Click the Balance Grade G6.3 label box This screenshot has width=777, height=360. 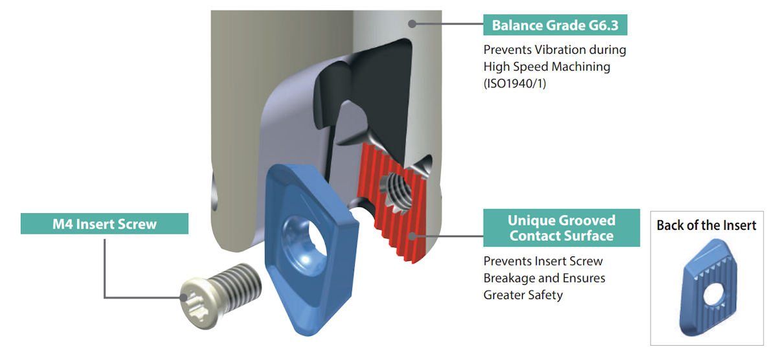556,26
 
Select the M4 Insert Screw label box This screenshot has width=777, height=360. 104,224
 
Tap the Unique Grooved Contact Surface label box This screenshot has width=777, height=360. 561,228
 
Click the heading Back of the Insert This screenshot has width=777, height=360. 706,225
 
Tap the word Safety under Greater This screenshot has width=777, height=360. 545,295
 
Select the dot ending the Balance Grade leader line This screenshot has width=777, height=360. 412,23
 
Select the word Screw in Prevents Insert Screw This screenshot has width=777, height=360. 586,261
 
